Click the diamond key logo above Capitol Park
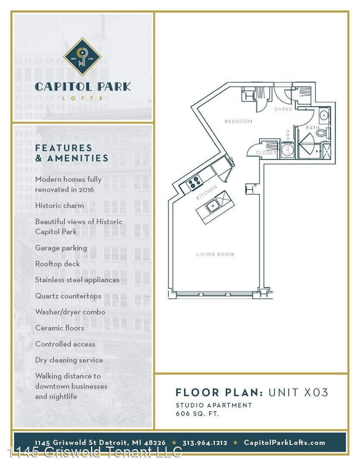82,56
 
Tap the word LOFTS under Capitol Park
83,98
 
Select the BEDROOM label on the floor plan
238,121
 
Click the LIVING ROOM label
215,254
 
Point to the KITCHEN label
207,192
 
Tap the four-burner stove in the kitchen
194,183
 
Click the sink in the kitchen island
213,206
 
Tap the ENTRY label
283,109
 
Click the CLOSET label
266,153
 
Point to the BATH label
313,127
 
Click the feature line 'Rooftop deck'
58,264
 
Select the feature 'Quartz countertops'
68,296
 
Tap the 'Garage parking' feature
61,248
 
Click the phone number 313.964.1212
205,443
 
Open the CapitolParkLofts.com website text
284,443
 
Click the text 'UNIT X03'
298,392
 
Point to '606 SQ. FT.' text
197,413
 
